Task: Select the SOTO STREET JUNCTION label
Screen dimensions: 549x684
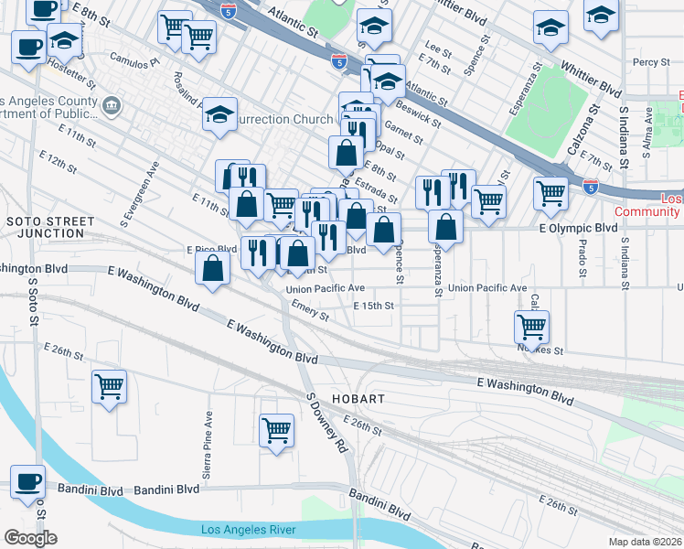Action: [x=49, y=227]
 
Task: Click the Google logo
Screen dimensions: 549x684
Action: [x=30, y=538]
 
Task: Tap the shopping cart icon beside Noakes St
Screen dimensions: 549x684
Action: [x=530, y=326]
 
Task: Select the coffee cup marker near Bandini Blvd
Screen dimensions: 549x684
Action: [x=27, y=481]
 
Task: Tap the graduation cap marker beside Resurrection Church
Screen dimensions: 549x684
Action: [x=219, y=114]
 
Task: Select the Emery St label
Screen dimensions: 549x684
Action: [x=311, y=313]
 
